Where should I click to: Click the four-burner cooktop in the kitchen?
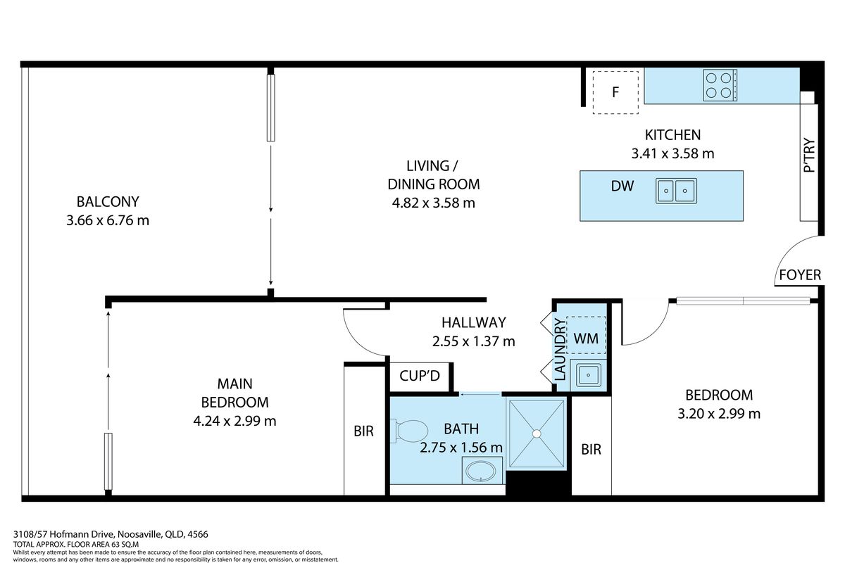(720, 85)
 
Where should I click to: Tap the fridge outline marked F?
(615, 92)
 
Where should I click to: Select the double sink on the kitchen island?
(676, 191)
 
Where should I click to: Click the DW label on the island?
(622, 186)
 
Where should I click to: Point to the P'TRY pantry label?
(809, 155)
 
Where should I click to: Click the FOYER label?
(800, 275)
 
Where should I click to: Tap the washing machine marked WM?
(586, 339)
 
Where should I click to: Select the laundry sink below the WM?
(588, 375)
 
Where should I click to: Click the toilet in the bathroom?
(409, 431)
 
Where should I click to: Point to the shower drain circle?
(537, 434)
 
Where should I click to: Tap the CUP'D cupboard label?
(420, 376)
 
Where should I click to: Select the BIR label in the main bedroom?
(363, 431)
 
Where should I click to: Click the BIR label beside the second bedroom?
(591, 450)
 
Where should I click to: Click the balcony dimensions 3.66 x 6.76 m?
(108, 220)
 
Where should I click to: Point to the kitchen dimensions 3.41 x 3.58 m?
(673, 153)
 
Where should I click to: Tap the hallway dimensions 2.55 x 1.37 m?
(473, 341)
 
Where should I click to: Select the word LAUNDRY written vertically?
(561, 349)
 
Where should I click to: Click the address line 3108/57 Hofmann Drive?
(63, 534)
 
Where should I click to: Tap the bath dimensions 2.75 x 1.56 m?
(461, 448)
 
